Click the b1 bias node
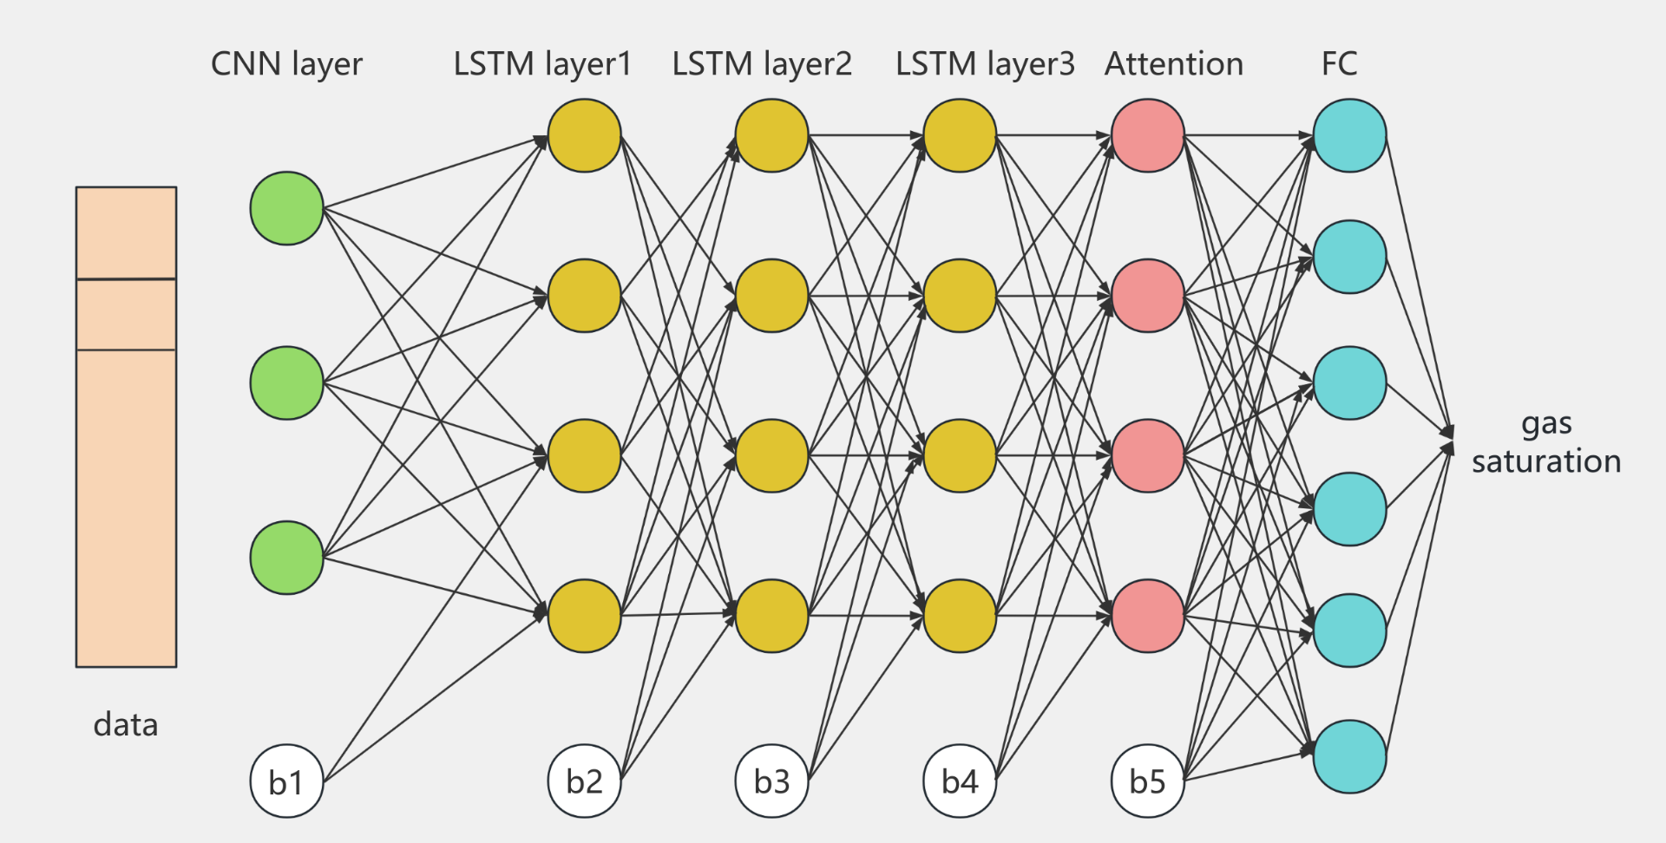tap(286, 781)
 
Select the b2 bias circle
tap(584, 781)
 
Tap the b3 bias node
tap(771, 781)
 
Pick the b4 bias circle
tap(960, 781)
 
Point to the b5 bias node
tap(1147, 781)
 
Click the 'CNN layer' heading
tap(286, 63)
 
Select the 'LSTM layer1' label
tap(542, 63)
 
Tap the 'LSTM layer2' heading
tap(762, 63)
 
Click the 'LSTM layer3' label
tap(985, 63)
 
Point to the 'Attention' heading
tap(1173, 63)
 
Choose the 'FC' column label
tap(1339, 63)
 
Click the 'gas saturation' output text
tap(1546, 442)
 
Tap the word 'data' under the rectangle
tap(126, 724)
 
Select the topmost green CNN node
tap(286, 208)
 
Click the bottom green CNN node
tap(286, 558)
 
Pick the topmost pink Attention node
tap(1147, 135)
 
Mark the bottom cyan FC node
tap(1349, 756)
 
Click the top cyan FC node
tap(1349, 135)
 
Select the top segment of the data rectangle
tap(126, 232)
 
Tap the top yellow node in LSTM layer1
tap(584, 135)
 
